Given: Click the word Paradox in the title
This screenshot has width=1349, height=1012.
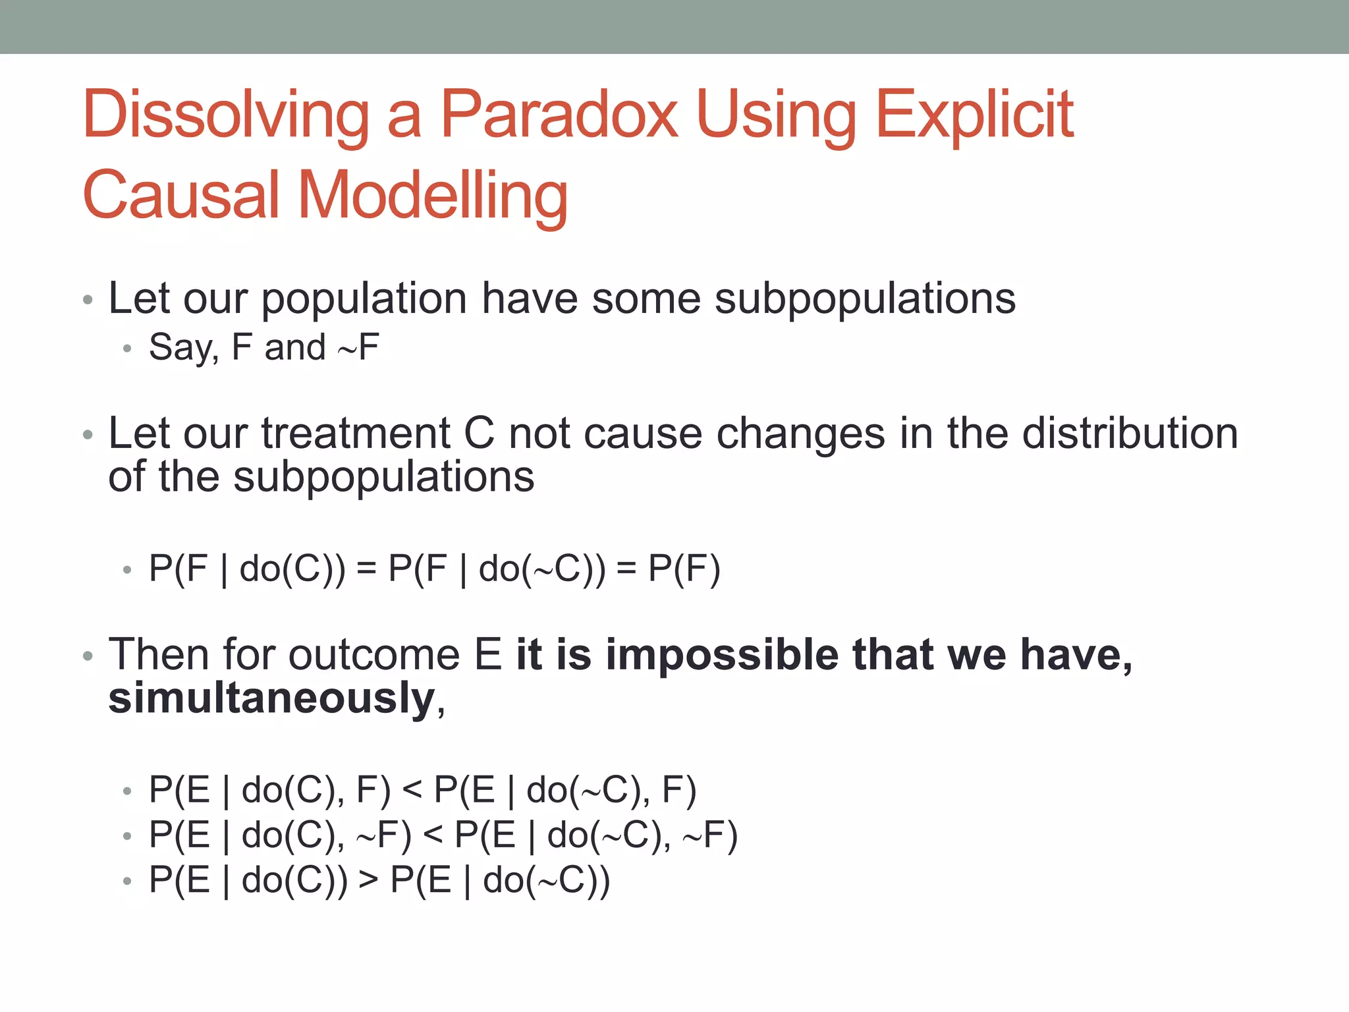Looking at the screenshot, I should click(559, 115).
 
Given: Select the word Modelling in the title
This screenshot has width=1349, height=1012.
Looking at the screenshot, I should click(433, 196).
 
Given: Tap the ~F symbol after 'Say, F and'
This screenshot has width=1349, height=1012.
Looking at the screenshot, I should click(359, 348).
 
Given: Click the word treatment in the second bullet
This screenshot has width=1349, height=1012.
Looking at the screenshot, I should click(356, 434).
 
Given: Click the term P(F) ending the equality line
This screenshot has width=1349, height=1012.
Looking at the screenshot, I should click(684, 569).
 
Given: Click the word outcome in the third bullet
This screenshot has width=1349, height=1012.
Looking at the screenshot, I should click(373, 656).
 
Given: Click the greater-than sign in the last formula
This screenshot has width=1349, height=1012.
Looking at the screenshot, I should click(368, 881).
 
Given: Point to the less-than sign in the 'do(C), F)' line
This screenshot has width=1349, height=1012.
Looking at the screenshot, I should click(412, 790).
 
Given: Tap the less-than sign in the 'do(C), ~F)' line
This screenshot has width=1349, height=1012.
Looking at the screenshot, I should click(433, 835).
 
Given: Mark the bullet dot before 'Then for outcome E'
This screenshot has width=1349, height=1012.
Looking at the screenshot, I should click(88, 657).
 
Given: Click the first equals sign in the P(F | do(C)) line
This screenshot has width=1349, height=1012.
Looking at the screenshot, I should click(366, 569).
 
